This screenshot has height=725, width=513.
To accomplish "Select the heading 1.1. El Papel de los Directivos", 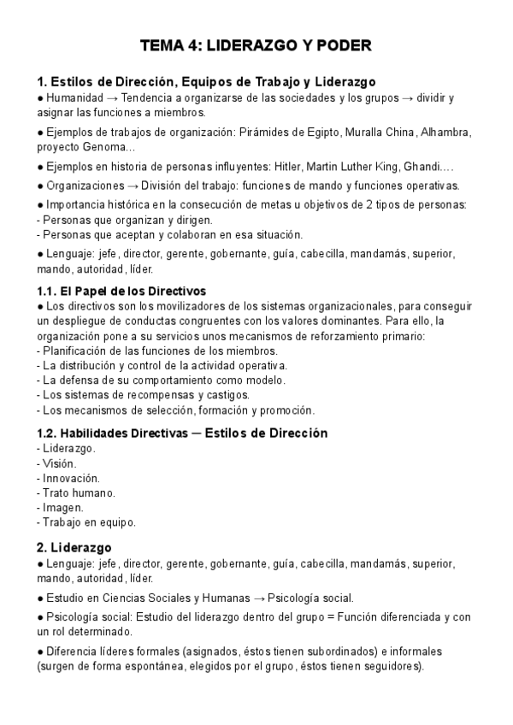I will point(121,292).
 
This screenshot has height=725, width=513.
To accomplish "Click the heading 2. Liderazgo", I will point(74,547).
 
